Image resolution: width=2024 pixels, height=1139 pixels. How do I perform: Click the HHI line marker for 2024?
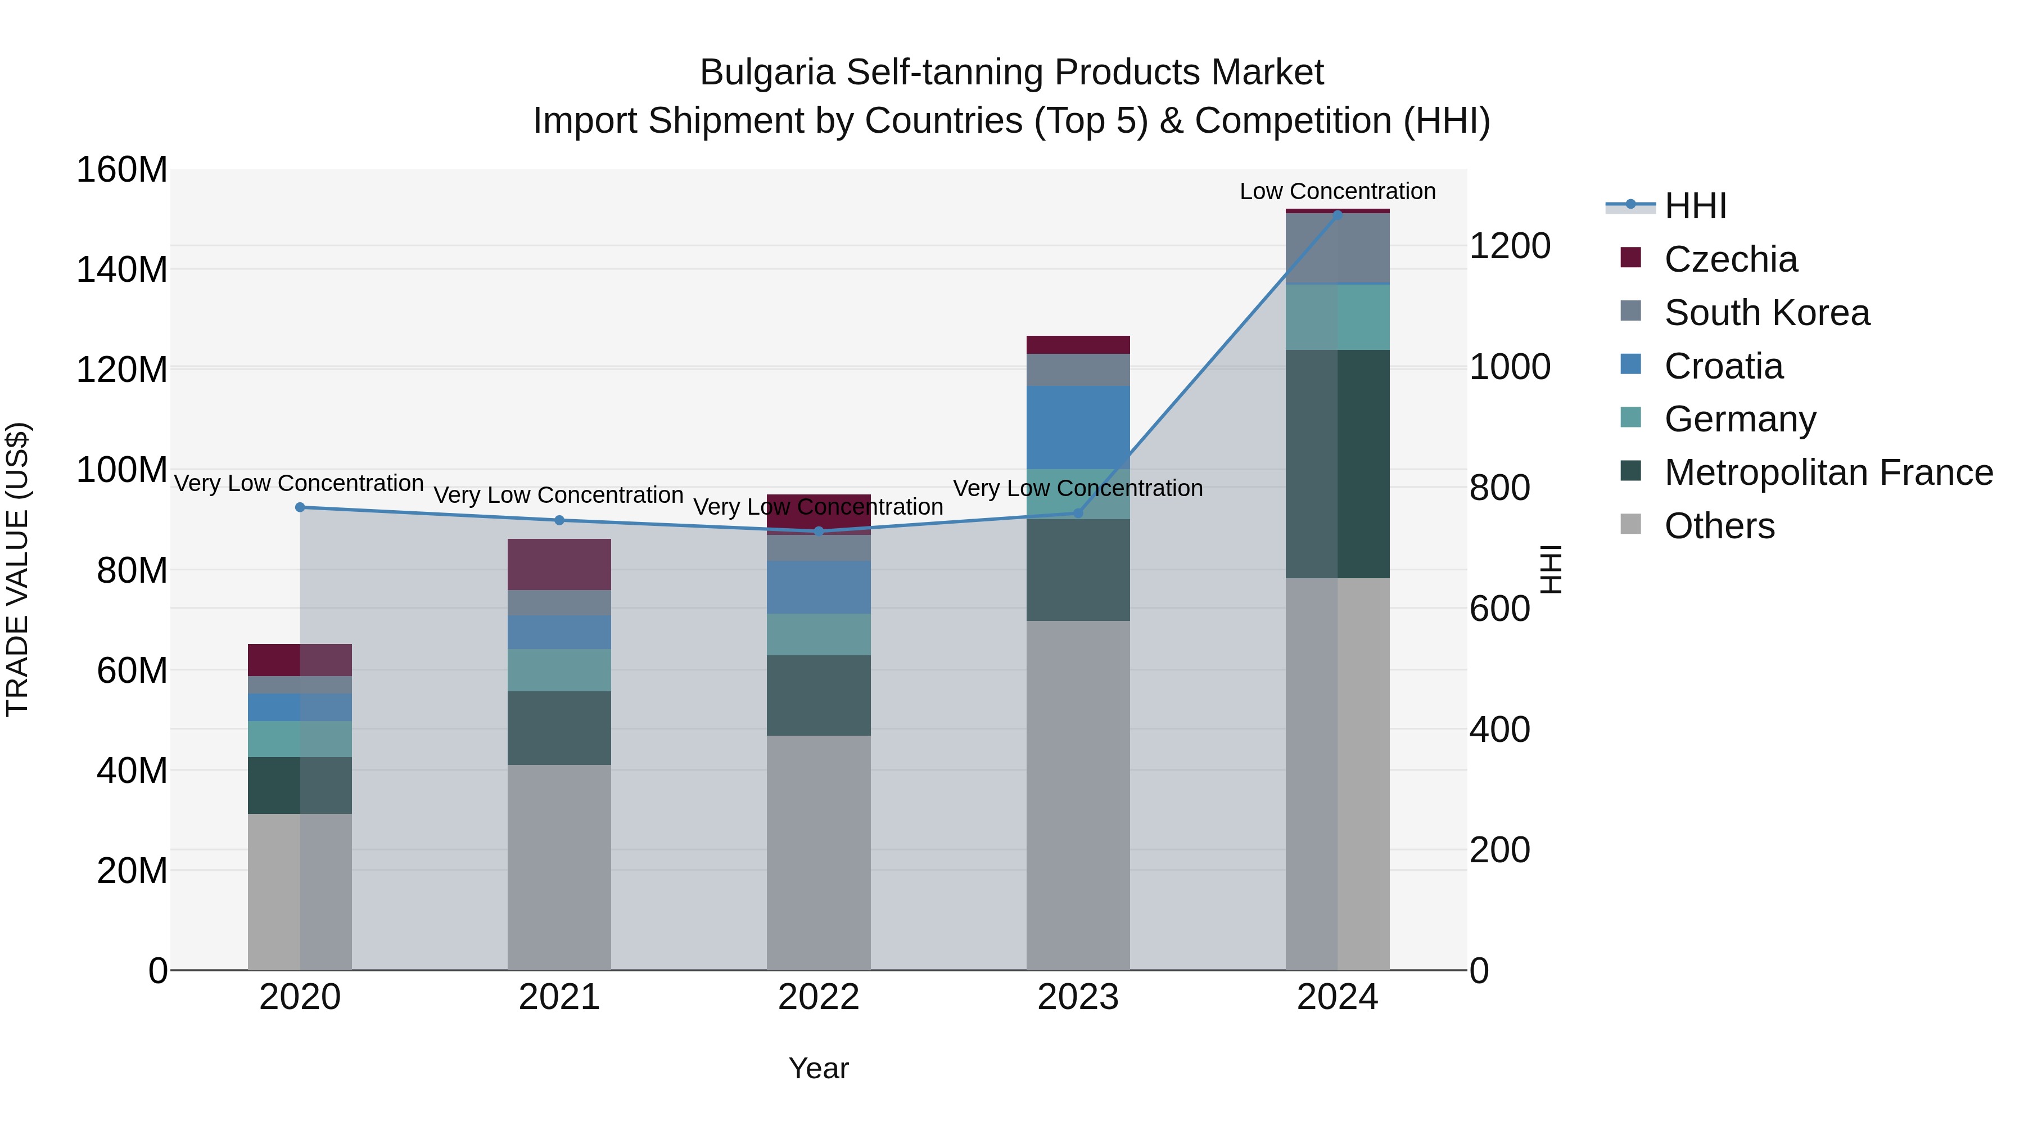coord(1338,215)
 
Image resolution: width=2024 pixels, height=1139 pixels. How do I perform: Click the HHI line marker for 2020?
coord(299,508)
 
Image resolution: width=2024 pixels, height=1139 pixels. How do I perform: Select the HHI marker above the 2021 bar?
coord(559,520)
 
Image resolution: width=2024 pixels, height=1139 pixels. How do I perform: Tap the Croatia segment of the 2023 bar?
coord(1078,427)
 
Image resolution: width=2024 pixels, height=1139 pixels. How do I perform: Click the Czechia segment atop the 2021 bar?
coord(559,564)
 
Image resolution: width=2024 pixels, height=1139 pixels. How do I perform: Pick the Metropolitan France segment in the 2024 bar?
coord(1338,464)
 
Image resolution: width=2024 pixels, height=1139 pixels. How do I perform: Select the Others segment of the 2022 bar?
coord(819,852)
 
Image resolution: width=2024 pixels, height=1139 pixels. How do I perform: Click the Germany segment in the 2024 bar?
coord(1338,317)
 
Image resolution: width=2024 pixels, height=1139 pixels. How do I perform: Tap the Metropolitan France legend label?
coord(1828,472)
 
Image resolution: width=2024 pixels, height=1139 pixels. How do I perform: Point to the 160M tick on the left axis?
coord(122,170)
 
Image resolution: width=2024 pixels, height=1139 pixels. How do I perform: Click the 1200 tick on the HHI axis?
coord(1508,246)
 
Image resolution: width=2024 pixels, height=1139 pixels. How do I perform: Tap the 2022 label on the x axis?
coord(819,997)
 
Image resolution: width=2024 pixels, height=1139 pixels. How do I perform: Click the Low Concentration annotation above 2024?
coord(1338,191)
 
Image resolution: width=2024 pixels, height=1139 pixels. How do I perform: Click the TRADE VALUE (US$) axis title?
coord(17,569)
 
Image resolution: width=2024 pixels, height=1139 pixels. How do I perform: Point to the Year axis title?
coord(819,1068)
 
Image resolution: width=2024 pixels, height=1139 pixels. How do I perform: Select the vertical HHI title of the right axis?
coord(1550,569)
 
